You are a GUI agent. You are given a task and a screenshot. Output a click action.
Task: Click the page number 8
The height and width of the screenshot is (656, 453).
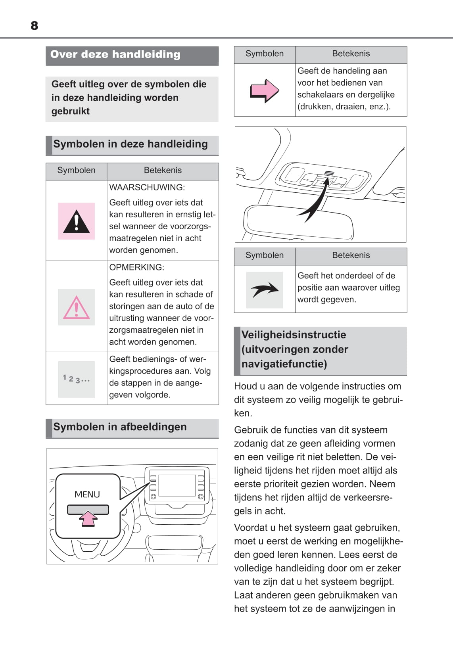point(35,26)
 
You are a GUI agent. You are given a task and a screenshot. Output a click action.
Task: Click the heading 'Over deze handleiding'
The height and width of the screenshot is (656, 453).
point(115,55)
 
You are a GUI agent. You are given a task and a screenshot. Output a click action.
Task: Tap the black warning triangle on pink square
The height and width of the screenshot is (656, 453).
point(76,221)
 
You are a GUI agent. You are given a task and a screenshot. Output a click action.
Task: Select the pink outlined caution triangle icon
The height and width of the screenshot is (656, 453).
point(76,308)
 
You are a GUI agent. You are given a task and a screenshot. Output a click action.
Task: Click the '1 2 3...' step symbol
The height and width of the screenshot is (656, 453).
point(76,379)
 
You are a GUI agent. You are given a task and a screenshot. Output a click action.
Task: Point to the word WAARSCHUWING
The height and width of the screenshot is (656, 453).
point(147,187)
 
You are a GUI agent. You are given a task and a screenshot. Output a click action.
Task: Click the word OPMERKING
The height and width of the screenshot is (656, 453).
point(136,267)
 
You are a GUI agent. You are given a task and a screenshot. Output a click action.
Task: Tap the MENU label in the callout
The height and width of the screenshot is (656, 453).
point(87,495)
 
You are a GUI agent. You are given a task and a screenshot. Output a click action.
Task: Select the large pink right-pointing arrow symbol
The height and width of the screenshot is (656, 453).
point(264,91)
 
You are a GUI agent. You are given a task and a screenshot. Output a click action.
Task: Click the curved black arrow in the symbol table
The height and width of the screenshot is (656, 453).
point(265,290)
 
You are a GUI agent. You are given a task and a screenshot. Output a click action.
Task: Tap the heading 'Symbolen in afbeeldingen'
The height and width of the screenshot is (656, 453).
point(120,427)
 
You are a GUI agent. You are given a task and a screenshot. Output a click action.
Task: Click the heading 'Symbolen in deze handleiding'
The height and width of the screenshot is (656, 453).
point(130,144)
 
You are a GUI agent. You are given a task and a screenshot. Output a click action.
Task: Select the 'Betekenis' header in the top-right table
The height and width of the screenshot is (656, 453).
point(351,54)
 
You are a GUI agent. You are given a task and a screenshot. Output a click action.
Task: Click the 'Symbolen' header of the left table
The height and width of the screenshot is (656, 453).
point(76,171)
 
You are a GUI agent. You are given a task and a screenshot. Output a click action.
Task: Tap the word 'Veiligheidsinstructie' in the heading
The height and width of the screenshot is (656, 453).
point(294,335)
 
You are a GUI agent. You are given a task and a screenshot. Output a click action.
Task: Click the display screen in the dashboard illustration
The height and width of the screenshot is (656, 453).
point(177,485)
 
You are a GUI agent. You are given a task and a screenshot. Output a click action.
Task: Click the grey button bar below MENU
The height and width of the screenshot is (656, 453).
point(88,509)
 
